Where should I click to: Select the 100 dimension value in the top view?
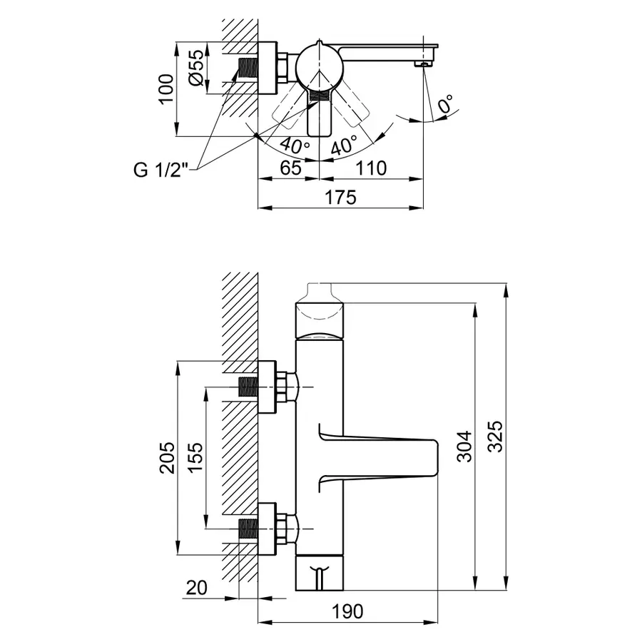tap(165, 89)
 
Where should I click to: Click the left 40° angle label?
tap(295, 145)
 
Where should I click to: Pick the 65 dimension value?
tap(287, 169)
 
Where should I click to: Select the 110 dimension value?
tap(372, 169)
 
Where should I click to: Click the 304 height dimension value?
tap(464, 447)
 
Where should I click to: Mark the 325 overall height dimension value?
tap(495, 437)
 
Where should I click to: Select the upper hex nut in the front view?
tap(286, 387)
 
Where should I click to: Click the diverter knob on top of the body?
tap(320, 292)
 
